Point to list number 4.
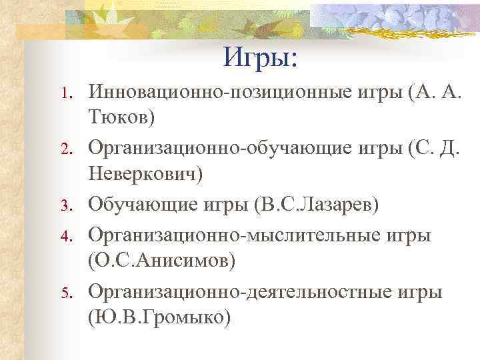click(65, 236)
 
